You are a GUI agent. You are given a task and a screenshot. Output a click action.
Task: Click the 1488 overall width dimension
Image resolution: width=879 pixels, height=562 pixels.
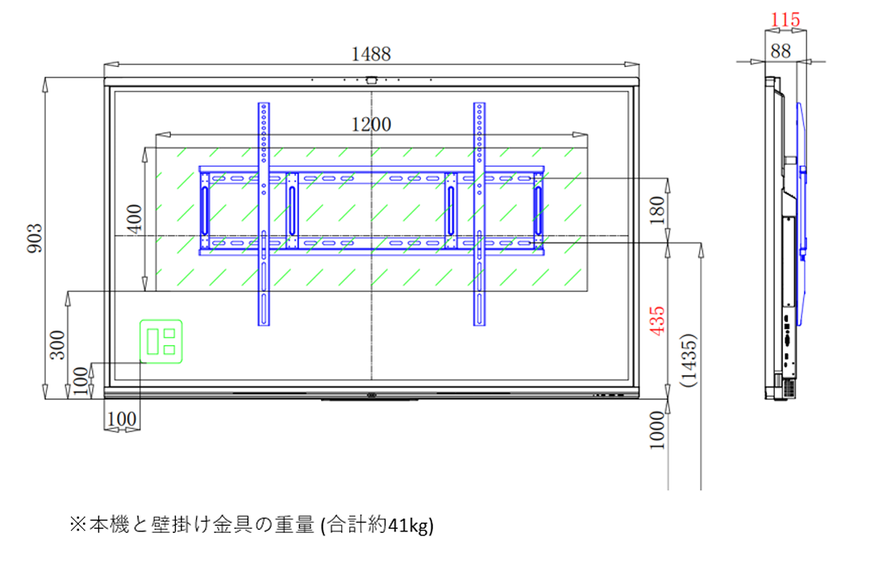click(370, 54)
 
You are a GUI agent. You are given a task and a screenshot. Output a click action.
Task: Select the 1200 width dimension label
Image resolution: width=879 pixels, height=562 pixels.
click(370, 124)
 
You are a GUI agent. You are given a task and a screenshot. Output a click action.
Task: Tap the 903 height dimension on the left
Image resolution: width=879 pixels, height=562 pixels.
click(35, 238)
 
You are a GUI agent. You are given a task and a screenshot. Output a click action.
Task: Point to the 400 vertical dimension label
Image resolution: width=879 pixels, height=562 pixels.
click(135, 218)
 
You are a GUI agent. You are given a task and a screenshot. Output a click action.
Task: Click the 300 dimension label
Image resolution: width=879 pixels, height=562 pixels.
click(58, 344)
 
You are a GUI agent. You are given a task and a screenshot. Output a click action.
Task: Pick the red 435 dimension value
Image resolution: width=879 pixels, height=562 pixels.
click(656, 320)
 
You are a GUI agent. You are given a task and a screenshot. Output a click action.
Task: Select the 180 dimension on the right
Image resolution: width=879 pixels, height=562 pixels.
click(656, 210)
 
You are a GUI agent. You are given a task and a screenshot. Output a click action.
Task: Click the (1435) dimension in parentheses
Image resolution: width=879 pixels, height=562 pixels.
click(688, 360)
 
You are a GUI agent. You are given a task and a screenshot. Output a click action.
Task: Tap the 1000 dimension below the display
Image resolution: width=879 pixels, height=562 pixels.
click(656, 430)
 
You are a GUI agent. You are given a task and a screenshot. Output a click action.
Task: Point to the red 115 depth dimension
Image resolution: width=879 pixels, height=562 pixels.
click(785, 20)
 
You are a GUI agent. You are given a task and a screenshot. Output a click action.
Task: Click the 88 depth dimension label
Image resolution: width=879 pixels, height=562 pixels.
click(781, 52)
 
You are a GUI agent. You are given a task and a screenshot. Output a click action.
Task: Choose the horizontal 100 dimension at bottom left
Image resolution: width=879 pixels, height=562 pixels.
click(122, 418)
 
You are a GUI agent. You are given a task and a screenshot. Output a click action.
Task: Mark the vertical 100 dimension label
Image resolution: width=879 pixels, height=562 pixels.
click(81, 381)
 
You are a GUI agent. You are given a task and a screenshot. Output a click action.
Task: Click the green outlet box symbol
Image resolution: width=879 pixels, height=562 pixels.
click(161, 341)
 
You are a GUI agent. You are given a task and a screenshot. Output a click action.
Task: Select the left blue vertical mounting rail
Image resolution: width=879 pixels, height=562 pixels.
click(264, 214)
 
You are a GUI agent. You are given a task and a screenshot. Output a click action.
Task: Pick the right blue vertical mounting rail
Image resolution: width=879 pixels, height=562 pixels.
click(479, 214)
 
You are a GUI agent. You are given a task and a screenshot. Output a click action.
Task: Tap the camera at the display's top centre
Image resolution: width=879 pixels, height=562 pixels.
click(371, 80)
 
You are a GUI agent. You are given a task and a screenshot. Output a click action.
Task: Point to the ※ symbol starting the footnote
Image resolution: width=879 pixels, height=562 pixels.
click(78, 524)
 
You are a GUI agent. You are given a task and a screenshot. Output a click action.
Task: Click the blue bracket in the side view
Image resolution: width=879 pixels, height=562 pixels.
click(801, 213)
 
